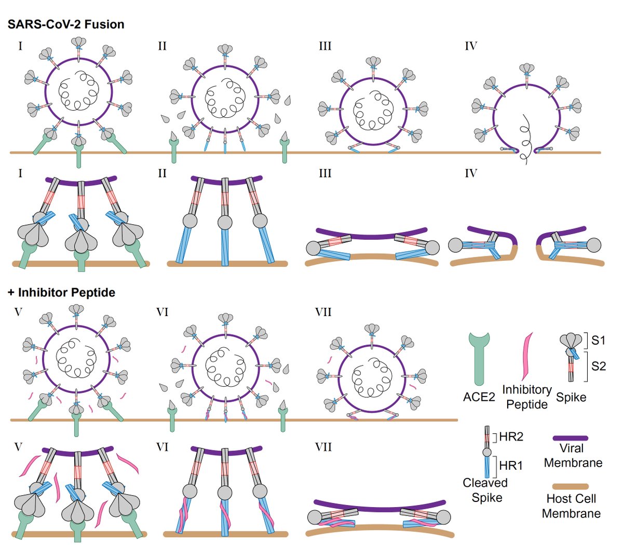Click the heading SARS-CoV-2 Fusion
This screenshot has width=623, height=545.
pyautogui.click(x=66, y=24)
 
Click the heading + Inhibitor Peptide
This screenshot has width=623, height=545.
pyautogui.click(x=61, y=292)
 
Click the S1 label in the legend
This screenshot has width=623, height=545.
pyautogui.click(x=598, y=340)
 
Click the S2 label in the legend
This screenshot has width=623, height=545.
pyautogui.click(x=598, y=366)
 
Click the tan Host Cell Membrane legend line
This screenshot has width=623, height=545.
pyautogui.click(x=571, y=487)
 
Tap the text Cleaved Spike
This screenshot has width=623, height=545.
pyautogui.click(x=485, y=490)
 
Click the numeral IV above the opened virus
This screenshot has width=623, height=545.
pyautogui.click(x=470, y=46)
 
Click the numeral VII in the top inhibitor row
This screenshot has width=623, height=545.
pyautogui.click(x=323, y=312)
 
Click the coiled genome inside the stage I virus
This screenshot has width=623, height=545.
pyautogui.click(x=78, y=91)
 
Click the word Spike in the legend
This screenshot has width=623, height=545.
pyautogui.click(x=571, y=398)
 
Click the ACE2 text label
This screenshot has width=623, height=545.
pyautogui.click(x=479, y=398)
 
